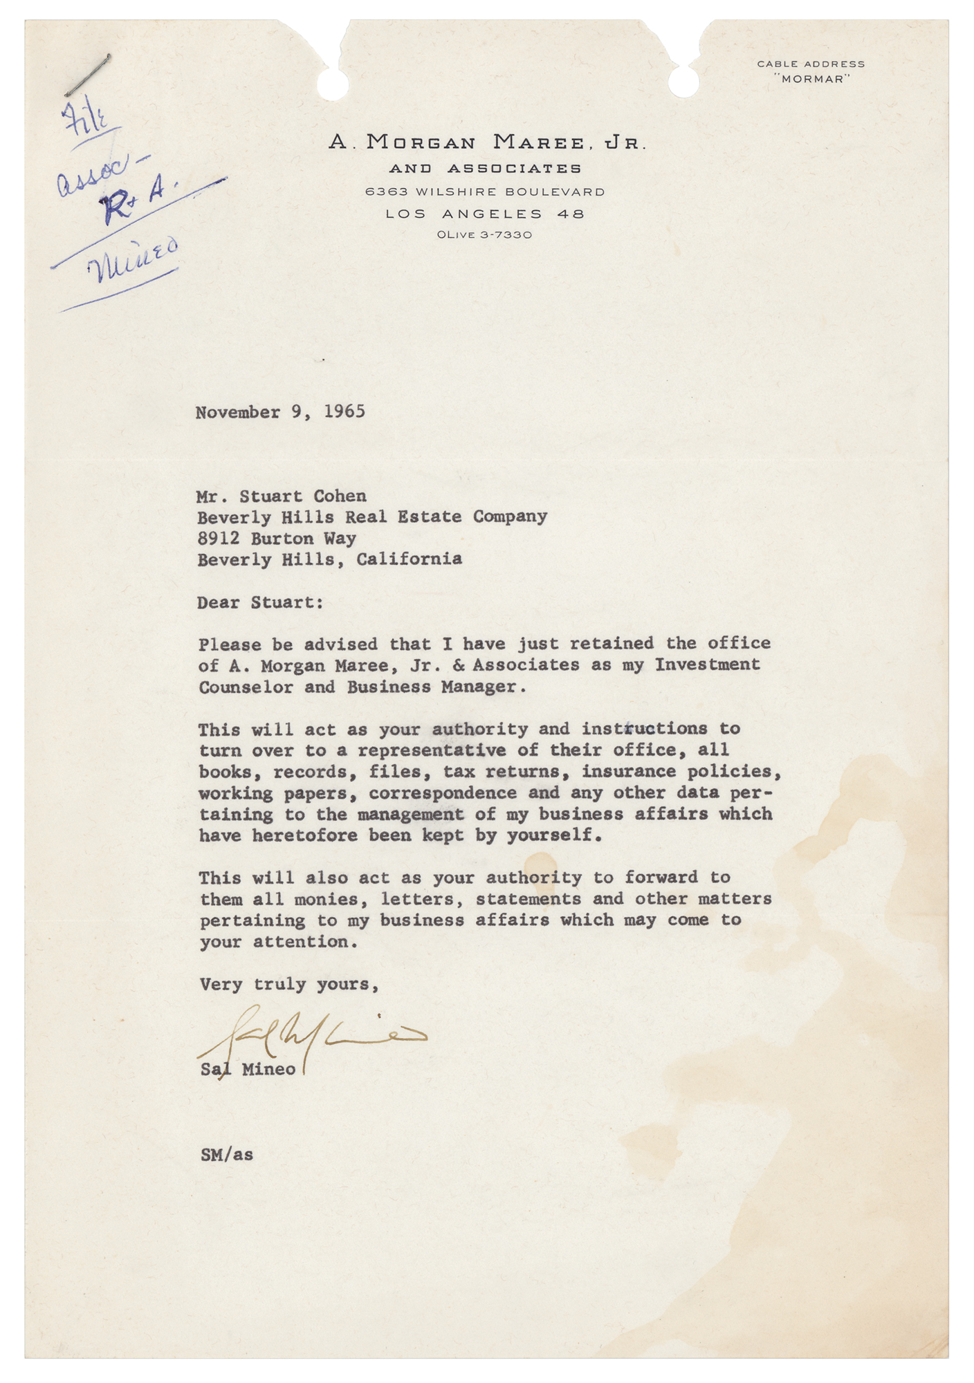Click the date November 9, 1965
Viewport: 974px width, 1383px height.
tap(280, 412)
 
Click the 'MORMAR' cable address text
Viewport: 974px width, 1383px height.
tap(811, 79)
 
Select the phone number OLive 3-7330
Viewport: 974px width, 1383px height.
tap(484, 235)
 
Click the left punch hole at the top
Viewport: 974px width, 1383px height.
tap(333, 83)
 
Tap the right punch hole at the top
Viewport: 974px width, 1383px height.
tap(683, 83)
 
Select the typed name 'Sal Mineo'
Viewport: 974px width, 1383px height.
tap(248, 1069)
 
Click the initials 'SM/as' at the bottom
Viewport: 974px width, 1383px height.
tap(227, 1154)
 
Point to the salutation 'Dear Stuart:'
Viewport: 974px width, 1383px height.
tap(260, 602)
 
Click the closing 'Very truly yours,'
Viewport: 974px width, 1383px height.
tap(289, 984)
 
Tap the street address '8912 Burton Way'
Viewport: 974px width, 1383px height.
tap(277, 539)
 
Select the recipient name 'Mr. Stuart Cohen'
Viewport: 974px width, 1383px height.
tap(282, 496)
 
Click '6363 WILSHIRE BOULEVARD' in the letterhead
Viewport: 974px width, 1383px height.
tap(485, 192)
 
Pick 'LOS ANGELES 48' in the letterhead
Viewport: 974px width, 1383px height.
tap(485, 214)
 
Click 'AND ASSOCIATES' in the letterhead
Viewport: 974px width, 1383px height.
tap(485, 169)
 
